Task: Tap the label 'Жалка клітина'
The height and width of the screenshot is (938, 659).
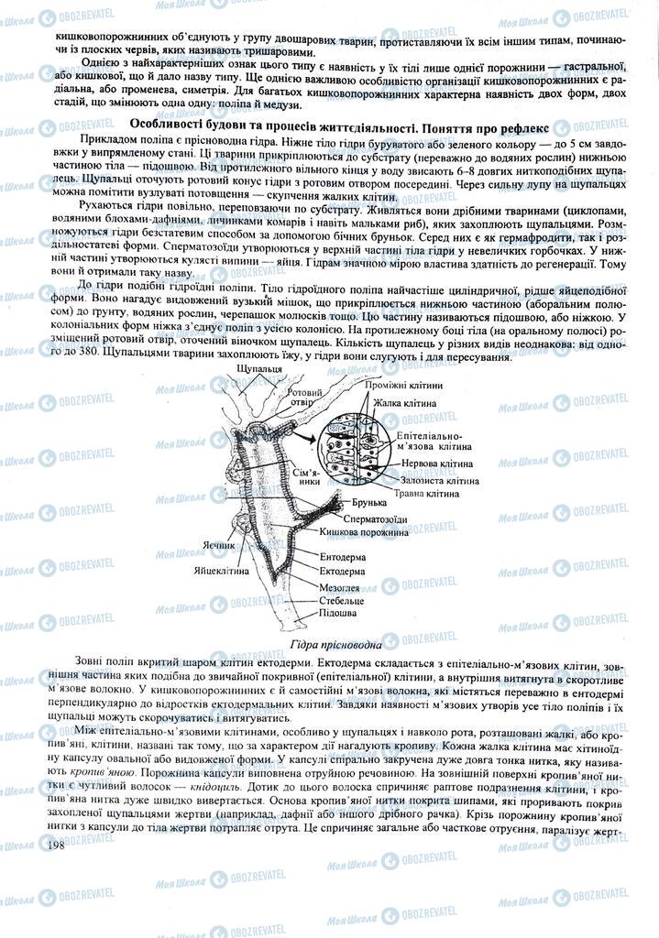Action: [403, 403]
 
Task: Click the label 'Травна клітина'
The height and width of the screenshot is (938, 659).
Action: [426, 494]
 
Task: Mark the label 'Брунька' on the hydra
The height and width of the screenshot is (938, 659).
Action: [370, 504]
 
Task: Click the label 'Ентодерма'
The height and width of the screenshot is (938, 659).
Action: [343, 557]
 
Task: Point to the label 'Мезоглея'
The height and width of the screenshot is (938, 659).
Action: [340, 587]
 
